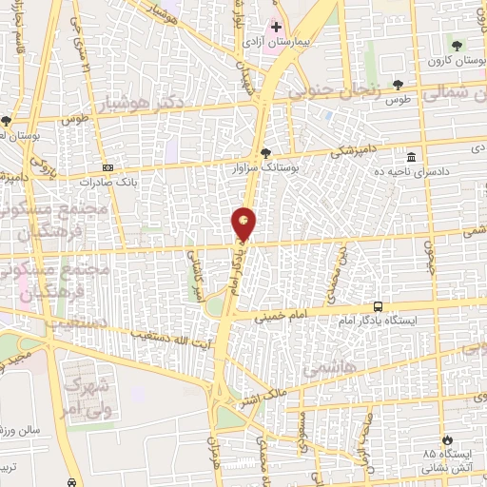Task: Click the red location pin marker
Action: pyautogui.click(x=243, y=224)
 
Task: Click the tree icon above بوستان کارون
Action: pyautogui.click(x=458, y=46)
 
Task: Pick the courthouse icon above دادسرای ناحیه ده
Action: pyautogui.click(x=411, y=157)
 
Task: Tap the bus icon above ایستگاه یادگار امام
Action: pyautogui.click(x=380, y=306)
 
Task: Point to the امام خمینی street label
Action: pyautogui.click(x=307, y=308)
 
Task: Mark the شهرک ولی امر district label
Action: pyautogui.click(x=87, y=399)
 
